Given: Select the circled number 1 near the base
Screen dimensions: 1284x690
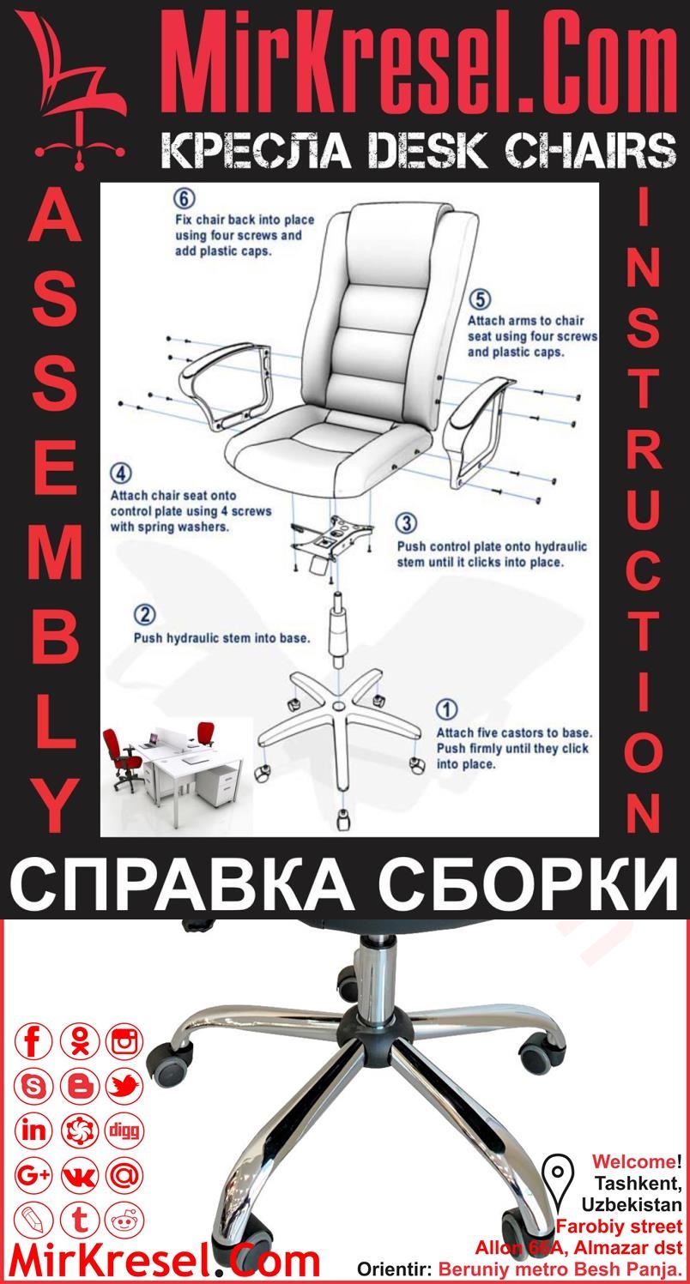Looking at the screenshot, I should (447, 709).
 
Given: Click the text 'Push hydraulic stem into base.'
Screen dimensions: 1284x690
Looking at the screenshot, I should (221, 638).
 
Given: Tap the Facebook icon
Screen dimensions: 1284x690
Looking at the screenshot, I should (34, 1042).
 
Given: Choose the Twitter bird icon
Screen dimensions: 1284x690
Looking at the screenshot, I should (124, 1087).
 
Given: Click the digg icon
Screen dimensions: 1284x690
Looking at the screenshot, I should (124, 1130).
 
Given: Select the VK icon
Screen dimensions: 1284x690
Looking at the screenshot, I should (80, 1175).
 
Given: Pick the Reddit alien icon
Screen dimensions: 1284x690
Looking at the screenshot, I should (124, 1219).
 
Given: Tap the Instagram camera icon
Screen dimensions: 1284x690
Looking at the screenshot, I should (124, 1042).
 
